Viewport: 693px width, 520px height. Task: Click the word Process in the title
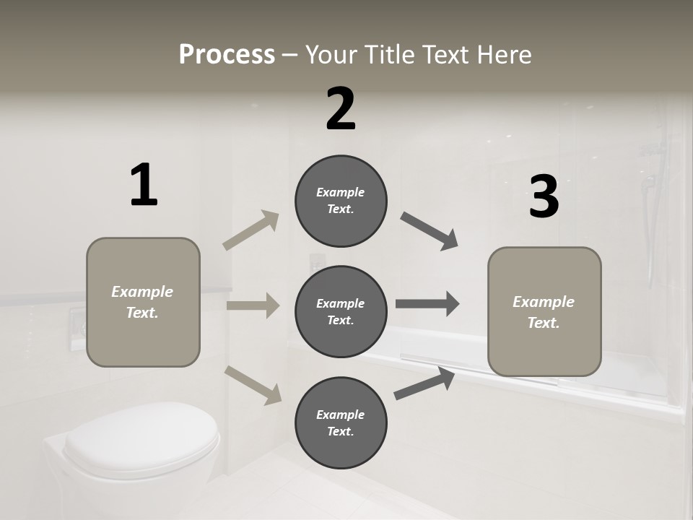click(x=227, y=54)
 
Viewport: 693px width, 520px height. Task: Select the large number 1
click(x=143, y=186)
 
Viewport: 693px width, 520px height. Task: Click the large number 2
click(x=341, y=109)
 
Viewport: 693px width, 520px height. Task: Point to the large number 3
click(x=544, y=197)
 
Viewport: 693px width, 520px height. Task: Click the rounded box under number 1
click(x=143, y=302)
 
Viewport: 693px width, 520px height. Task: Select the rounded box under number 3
click(x=544, y=312)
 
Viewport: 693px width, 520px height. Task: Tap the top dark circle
click(x=341, y=201)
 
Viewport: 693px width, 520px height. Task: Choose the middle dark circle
click(x=341, y=312)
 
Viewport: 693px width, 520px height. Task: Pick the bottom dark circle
click(x=341, y=423)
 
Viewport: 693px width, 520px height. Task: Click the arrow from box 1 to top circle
click(x=251, y=230)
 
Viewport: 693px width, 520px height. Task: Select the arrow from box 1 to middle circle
click(x=253, y=305)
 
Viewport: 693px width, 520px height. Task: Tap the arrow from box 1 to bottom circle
click(x=253, y=385)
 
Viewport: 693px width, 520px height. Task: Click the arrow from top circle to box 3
click(x=430, y=231)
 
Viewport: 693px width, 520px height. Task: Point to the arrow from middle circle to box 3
click(x=427, y=304)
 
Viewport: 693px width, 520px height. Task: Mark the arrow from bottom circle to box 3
click(x=424, y=383)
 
